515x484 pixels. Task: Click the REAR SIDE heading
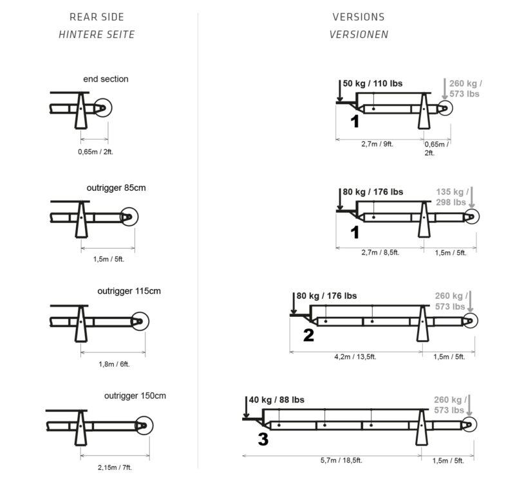click(97, 17)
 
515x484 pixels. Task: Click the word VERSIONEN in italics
click(359, 35)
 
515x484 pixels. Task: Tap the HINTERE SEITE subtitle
click(97, 35)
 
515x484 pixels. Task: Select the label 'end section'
click(106, 79)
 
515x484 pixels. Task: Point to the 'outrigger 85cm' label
click(116, 188)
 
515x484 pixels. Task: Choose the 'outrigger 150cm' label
click(135, 396)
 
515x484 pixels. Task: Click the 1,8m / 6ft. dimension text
click(114, 364)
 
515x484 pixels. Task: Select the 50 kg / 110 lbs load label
click(373, 84)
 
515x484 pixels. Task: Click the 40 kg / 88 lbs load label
click(276, 400)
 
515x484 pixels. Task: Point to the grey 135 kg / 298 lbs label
click(451, 197)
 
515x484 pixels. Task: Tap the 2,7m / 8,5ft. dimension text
click(380, 252)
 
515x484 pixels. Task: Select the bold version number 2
click(308, 335)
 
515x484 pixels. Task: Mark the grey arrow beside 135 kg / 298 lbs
click(471, 196)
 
